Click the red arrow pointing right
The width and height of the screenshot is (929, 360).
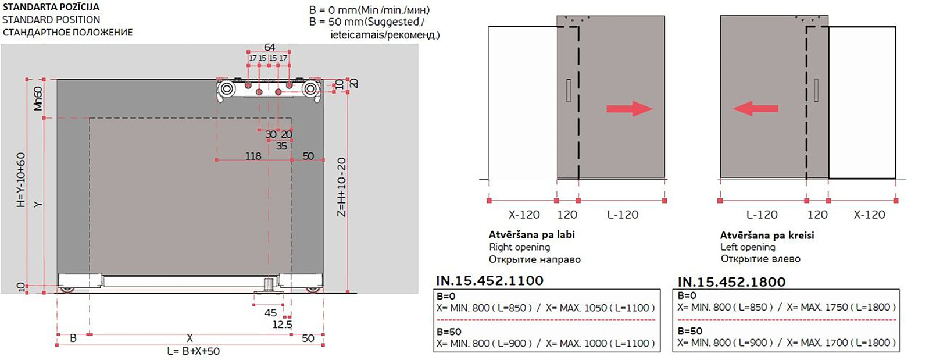pyautogui.click(x=629, y=109)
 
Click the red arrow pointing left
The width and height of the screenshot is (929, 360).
pyautogui.click(x=755, y=108)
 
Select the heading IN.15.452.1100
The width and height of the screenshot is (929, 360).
pyautogui.click(x=489, y=280)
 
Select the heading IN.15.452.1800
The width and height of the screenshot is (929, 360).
pyautogui.click(x=731, y=282)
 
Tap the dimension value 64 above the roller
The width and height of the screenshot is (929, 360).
pyautogui.click(x=269, y=47)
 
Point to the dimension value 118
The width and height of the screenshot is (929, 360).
pyautogui.click(x=253, y=156)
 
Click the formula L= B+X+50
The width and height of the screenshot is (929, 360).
pyautogui.click(x=193, y=351)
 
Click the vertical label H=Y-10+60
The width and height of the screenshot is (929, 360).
pyautogui.click(x=21, y=180)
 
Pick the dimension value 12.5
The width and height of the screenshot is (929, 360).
pyautogui.click(x=282, y=325)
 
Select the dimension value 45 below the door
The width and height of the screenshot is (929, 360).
pyautogui.click(x=270, y=313)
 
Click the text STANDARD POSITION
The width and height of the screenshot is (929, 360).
pyautogui.click(x=51, y=20)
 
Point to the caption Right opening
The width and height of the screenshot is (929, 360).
pyautogui.click(x=519, y=247)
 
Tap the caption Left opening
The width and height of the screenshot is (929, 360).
pyautogui.click(x=748, y=247)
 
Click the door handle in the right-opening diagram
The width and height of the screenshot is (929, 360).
pyautogui.click(x=568, y=90)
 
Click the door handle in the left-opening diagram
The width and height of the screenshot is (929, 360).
pyautogui.click(x=817, y=90)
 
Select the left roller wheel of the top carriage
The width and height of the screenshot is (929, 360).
pyautogui.click(x=227, y=89)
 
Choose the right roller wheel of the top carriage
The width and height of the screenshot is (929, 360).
pyautogui.click(x=310, y=89)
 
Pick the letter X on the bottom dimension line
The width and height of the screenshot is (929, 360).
pyautogui.click(x=190, y=338)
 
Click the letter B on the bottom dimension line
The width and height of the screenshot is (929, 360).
pyautogui.click(x=73, y=338)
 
